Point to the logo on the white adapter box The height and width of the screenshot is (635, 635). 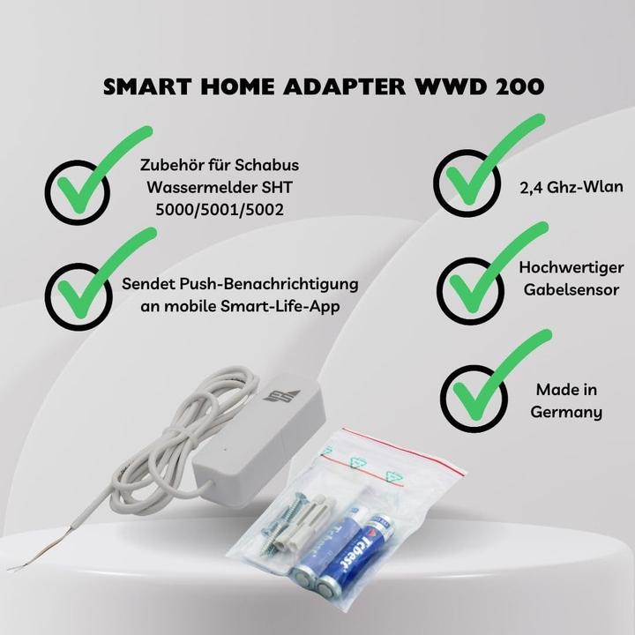point(281,395)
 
